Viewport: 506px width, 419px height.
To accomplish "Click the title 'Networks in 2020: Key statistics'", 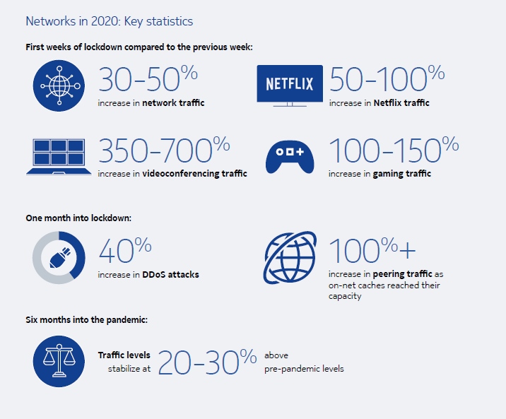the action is [x=109, y=22].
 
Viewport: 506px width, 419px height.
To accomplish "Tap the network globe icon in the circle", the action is [x=59, y=85].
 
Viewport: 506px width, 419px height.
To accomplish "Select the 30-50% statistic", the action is [x=148, y=78].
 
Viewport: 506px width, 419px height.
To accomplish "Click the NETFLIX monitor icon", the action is [x=290, y=85].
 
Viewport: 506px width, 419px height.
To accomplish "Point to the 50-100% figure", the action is [x=387, y=78].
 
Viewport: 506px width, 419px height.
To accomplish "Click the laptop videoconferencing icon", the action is [x=59, y=157].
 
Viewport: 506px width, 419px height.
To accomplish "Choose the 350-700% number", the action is [x=164, y=150].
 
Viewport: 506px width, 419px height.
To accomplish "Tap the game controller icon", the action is [x=290, y=157].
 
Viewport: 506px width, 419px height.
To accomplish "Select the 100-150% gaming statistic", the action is [x=394, y=150].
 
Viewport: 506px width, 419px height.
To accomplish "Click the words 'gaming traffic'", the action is [x=402, y=174].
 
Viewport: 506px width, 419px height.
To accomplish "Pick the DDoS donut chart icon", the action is [x=59, y=257].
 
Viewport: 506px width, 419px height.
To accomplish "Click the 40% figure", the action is [x=125, y=250].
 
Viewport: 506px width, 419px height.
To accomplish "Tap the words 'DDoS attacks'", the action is [x=170, y=274].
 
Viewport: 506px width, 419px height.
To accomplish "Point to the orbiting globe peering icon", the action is [x=290, y=257].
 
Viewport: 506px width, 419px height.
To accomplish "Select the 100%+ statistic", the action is [x=372, y=250].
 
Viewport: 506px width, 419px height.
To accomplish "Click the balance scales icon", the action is [x=59, y=361].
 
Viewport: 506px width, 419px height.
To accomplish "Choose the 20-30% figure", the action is [x=207, y=362].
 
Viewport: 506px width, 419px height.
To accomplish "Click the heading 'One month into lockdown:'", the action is [x=78, y=218].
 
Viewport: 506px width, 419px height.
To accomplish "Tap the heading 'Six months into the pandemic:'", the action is [x=86, y=319].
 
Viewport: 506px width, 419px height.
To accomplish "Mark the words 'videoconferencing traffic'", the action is [x=194, y=174].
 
